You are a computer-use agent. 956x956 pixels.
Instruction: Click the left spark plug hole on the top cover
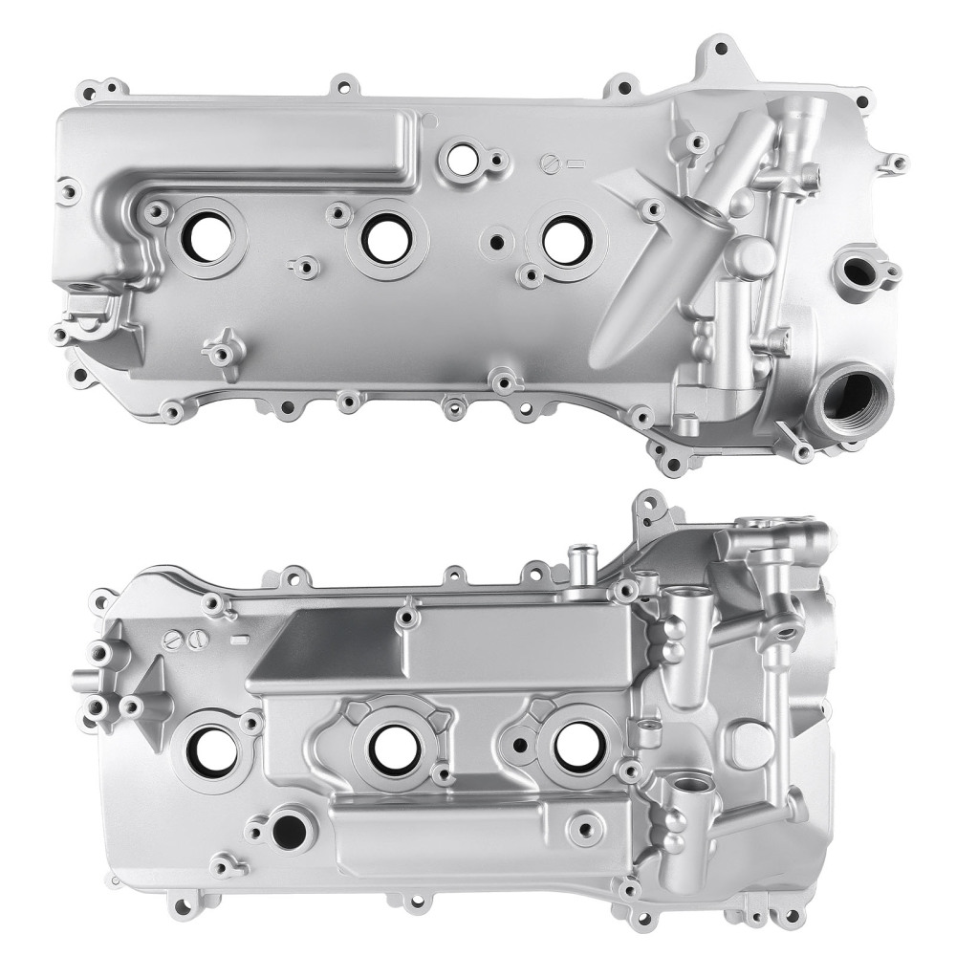point(207,236)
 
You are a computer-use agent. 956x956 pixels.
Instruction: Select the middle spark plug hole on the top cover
point(387,237)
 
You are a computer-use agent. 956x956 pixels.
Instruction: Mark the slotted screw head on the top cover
point(548,162)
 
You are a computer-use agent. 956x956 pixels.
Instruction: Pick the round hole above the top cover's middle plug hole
point(464,160)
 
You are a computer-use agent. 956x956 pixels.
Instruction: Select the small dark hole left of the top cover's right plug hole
point(497,242)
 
